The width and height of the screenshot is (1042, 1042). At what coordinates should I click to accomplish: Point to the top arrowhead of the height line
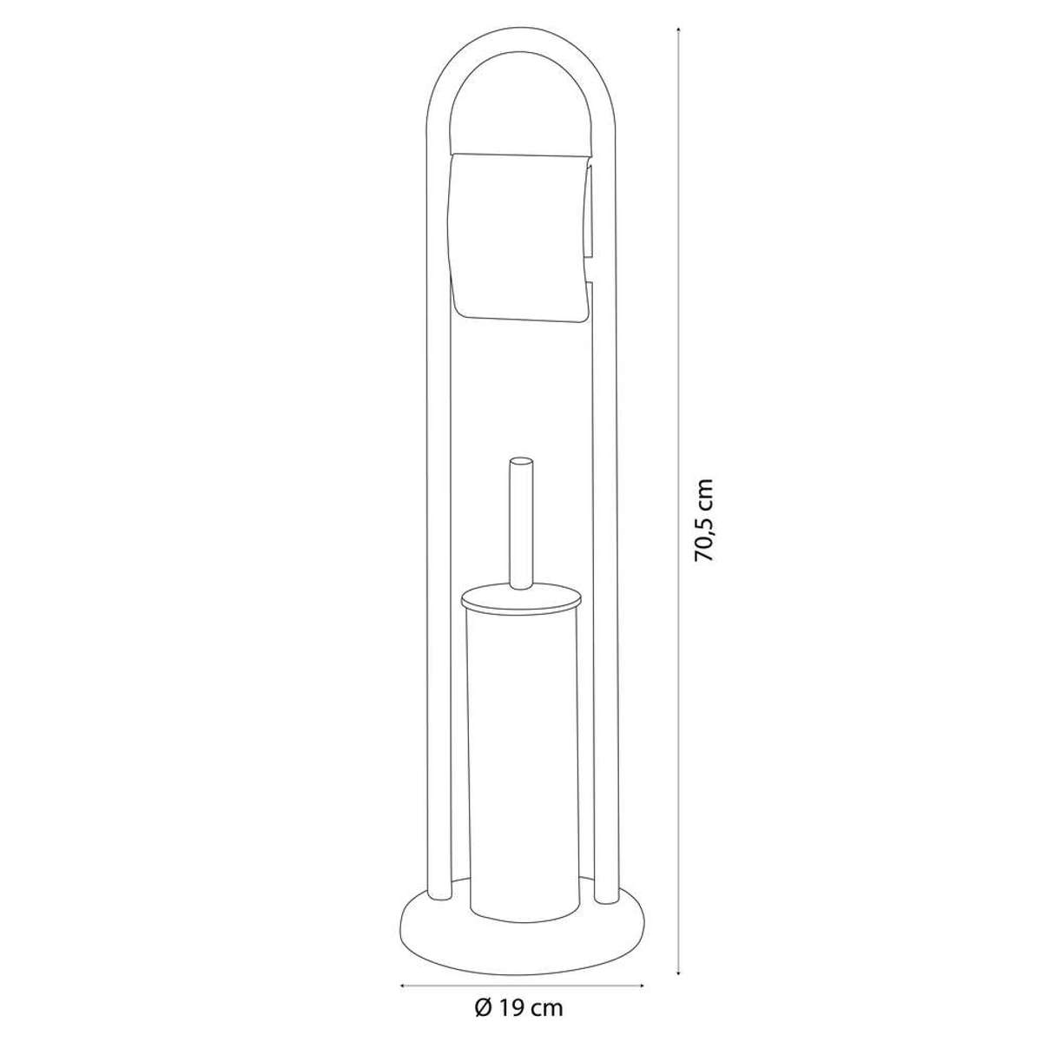[x=679, y=30]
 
